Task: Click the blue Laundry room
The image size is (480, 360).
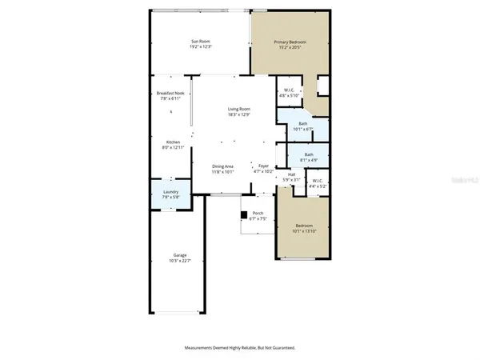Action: click(170, 194)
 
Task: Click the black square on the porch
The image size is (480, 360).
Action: click(245, 214)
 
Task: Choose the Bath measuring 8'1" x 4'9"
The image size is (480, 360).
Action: click(308, 157)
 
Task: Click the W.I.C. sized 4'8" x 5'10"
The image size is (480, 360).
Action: click(290, 93)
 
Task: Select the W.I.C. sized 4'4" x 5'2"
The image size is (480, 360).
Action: click(317, 183)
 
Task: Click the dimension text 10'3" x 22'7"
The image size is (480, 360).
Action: click(177, 260)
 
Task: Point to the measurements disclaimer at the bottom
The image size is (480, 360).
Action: click(240, 348)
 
